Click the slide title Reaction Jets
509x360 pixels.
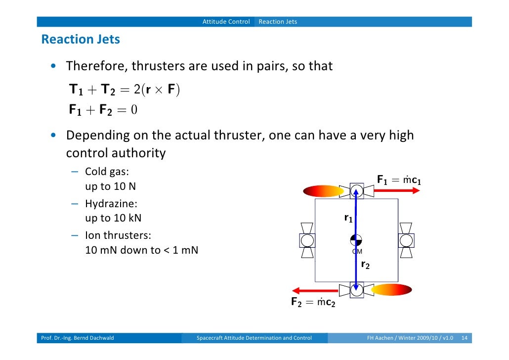point(81,40)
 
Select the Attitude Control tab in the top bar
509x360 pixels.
point(226,22)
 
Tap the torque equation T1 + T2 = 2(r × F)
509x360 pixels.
point(125,90)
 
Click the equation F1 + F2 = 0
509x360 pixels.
point(103,110)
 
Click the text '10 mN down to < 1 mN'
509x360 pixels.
point(141,250)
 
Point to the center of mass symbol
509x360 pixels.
point(356,240)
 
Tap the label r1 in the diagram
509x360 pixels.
point(348,218)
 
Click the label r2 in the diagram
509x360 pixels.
point(365,265)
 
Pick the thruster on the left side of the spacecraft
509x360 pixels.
point(307,240)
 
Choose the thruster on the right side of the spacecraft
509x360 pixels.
point(406,240)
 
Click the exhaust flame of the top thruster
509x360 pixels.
point(323,191)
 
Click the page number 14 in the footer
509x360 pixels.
point(464,338)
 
